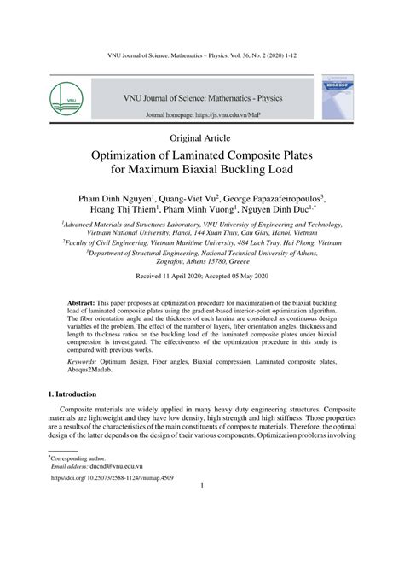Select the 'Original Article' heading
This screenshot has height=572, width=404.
pyautogui.click(x=201, y=137)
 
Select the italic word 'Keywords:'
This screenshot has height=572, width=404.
pyautogui.click(x=87, y=362)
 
